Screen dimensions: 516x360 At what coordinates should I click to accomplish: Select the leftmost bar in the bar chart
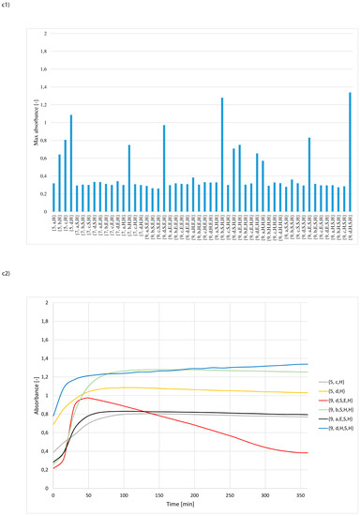(54, 197)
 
